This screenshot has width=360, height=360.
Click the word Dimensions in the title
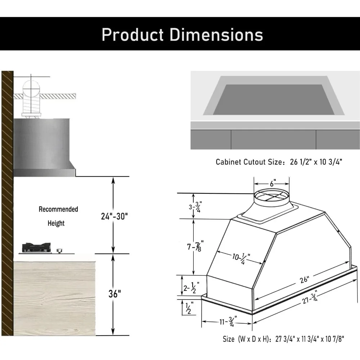[x=216, y=34]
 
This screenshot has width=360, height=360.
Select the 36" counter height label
[x=114, y=293]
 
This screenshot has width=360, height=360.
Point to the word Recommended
[x=58, y=209]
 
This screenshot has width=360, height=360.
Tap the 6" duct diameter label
[x=272, y=184]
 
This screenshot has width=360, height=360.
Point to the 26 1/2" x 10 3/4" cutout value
[x=316, y=162]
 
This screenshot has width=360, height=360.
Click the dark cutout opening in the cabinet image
[x=274, y=100]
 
